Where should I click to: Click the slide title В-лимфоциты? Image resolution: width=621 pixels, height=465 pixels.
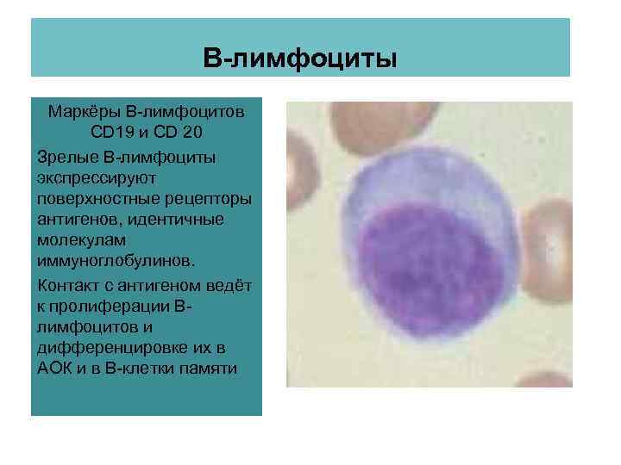(300, 59)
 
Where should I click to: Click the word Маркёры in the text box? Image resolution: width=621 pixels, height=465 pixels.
(85, 113)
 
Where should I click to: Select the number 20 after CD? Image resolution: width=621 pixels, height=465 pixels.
(194, 134)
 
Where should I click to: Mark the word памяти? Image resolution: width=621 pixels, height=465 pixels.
(209, 369)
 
